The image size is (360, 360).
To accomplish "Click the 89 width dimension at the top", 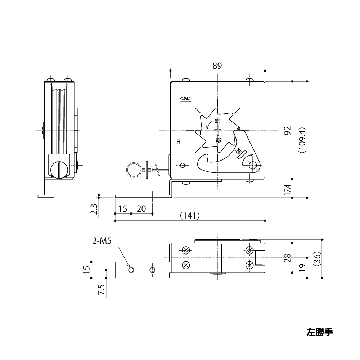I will (x=217, y=66).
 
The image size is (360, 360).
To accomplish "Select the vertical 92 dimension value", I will (x=287, y=130).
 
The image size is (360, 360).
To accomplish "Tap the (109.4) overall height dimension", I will (x=302, y=140).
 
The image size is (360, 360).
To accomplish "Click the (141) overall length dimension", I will (x=189, y=215).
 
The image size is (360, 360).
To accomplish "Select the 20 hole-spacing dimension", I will (x=141, y=208).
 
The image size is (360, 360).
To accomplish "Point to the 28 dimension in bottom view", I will (x=287, y=258).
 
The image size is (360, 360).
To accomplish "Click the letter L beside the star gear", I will (x=201, y=133).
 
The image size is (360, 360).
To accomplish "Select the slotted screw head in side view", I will (x=58, y=169).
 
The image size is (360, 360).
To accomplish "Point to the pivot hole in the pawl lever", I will (x=254, y=166).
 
